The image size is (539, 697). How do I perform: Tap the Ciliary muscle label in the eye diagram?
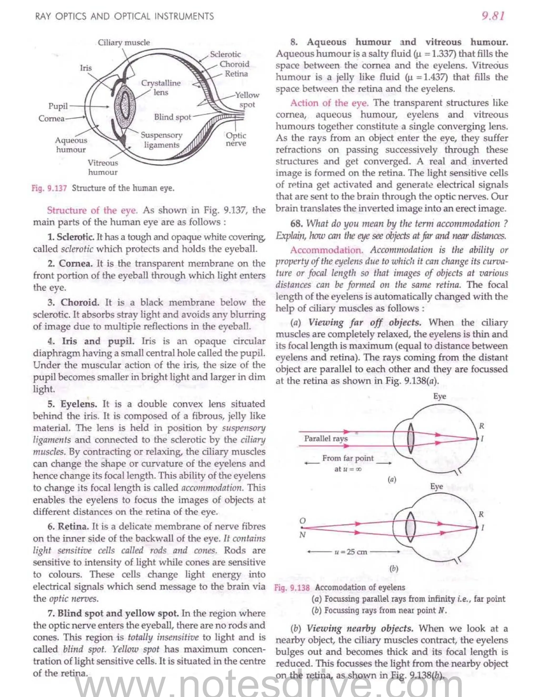tap(124, 42)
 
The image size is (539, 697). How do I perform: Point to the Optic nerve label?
tap(236, 139)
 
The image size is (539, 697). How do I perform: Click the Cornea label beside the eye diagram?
tap(51, 119)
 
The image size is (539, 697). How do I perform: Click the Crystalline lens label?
tap(161, 87)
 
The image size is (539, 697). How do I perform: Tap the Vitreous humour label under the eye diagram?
tap(103, 168)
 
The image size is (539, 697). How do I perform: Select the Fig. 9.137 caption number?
tap(49, 188)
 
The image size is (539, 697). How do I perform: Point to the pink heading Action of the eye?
tap(329, 103)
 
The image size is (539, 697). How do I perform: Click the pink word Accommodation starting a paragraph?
tap(327, 250)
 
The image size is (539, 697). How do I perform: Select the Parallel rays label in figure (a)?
tap(326, 438)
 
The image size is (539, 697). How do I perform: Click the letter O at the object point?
tap(302, 521)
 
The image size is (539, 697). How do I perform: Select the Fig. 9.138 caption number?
tap(292, 588)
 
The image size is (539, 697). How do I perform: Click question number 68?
tap(296, 224)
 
